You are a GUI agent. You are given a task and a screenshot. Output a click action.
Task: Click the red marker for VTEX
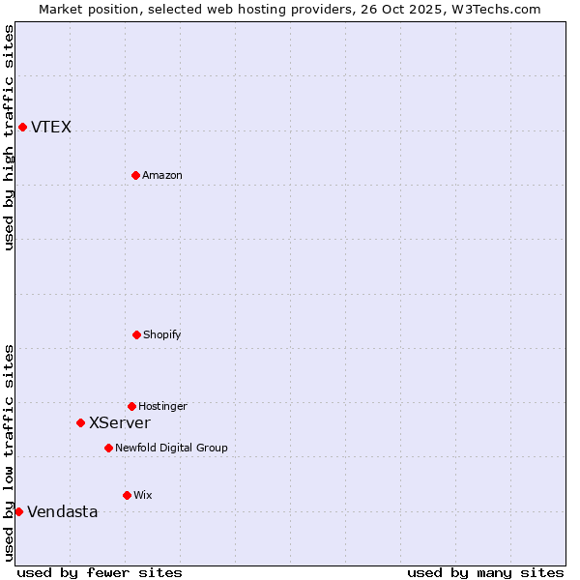(22, 127)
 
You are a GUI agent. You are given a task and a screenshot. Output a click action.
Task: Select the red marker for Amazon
(135, 175)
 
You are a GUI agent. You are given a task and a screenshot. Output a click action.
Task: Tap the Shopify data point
(136, 334)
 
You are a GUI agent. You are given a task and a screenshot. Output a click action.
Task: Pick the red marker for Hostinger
(131, 406)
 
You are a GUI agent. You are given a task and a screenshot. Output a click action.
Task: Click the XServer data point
(80, 422)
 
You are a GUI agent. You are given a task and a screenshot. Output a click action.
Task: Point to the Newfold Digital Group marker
(108, 448)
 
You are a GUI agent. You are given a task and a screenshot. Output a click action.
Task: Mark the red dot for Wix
(127, 495)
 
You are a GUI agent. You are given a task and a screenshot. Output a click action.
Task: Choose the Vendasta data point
(18, 511)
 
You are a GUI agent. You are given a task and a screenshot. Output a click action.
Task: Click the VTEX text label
(51, 127)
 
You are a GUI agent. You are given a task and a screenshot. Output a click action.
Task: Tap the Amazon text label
(162, 175)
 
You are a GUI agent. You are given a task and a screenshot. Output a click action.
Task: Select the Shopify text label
(162, 334)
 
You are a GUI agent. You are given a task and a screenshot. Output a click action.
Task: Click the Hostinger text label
(162, 406)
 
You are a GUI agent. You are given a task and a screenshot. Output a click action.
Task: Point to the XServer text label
(120, 422)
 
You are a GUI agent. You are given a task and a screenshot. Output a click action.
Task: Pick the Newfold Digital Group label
(171, 448)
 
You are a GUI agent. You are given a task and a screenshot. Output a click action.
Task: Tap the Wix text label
(143, 495)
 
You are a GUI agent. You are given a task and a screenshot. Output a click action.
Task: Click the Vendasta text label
(63, 511)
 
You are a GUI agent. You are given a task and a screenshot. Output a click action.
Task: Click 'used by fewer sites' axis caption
(100, 572)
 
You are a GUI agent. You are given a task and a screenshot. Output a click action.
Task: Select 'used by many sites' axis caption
(485, 572)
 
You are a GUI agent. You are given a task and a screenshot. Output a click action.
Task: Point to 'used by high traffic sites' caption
(9, 137)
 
